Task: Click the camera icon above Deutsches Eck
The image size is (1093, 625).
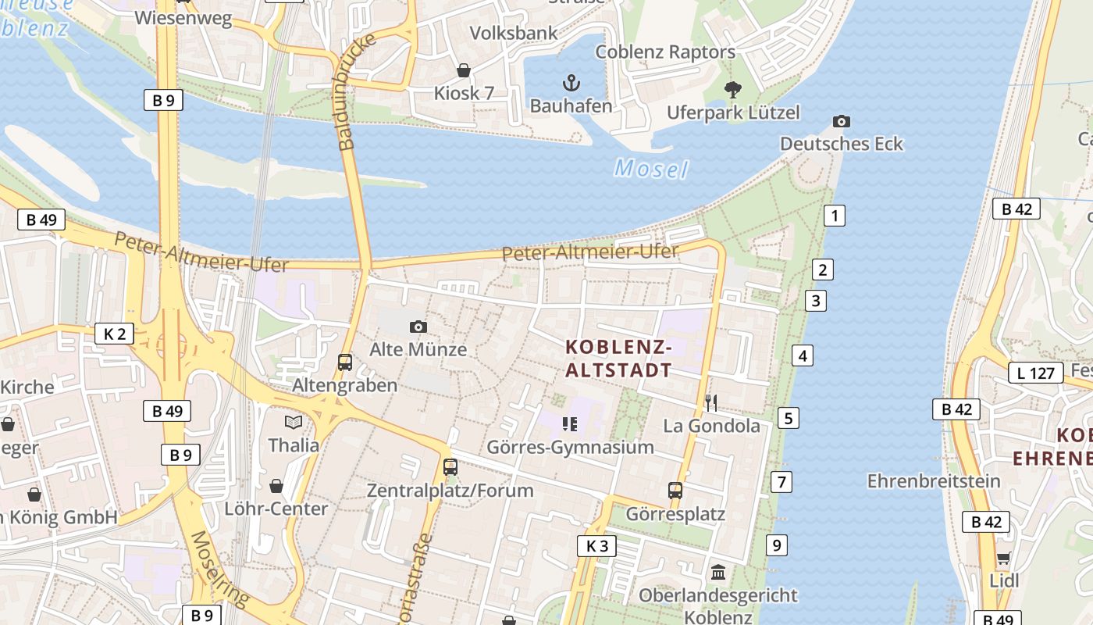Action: [841, 121]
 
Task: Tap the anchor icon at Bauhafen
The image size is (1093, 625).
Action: [571, 82]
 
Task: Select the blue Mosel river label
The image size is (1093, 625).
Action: [651, 168]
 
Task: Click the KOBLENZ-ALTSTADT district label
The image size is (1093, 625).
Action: [618, 358]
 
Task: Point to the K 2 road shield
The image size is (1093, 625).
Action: [114, 334]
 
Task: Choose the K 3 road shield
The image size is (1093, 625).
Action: [596, 545]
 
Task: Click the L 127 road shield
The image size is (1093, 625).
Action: [1036, 373]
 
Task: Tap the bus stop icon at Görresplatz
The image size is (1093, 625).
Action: [675, 491]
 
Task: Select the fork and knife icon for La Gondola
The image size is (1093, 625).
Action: [710, 402]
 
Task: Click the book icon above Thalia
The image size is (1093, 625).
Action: [294, 422]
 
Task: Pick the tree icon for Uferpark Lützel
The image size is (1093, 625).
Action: [732, 89]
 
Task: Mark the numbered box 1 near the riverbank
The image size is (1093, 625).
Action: [835, 216]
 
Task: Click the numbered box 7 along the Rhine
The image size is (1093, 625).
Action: [781, 481]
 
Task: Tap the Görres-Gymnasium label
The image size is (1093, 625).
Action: [570, 447]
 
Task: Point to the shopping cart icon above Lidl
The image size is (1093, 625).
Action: [1003, 558]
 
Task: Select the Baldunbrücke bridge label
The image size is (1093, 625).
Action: [357, 92]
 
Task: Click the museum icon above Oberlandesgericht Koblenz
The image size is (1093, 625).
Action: [718, 573]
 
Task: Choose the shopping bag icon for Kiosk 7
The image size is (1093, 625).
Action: [464, 70]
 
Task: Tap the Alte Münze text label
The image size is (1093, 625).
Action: [418, 349]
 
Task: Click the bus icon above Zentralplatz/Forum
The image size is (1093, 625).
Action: [450, 467]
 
